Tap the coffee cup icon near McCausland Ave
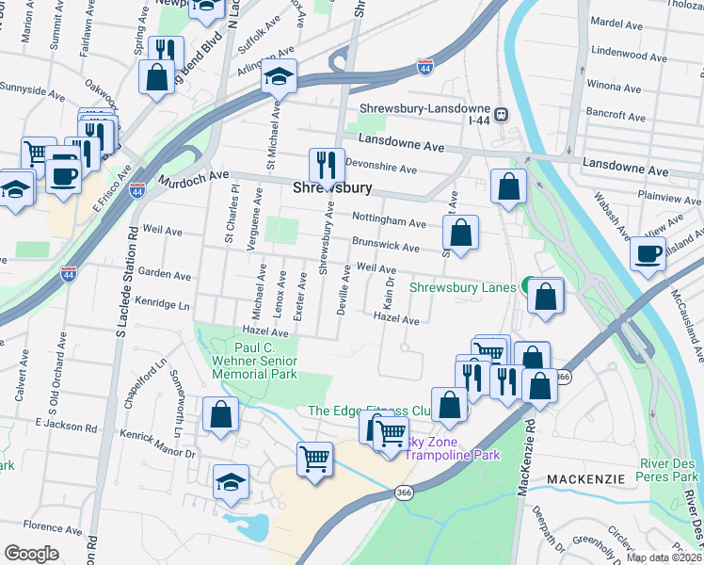click(648, 252)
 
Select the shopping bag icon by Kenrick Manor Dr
click(220, 414)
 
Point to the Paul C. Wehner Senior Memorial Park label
click(265, 361)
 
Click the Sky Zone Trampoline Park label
click(453, 449)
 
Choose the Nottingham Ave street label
click(389, 220)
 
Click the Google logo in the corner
click(31, 554)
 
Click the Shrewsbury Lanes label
click(462, 287)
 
